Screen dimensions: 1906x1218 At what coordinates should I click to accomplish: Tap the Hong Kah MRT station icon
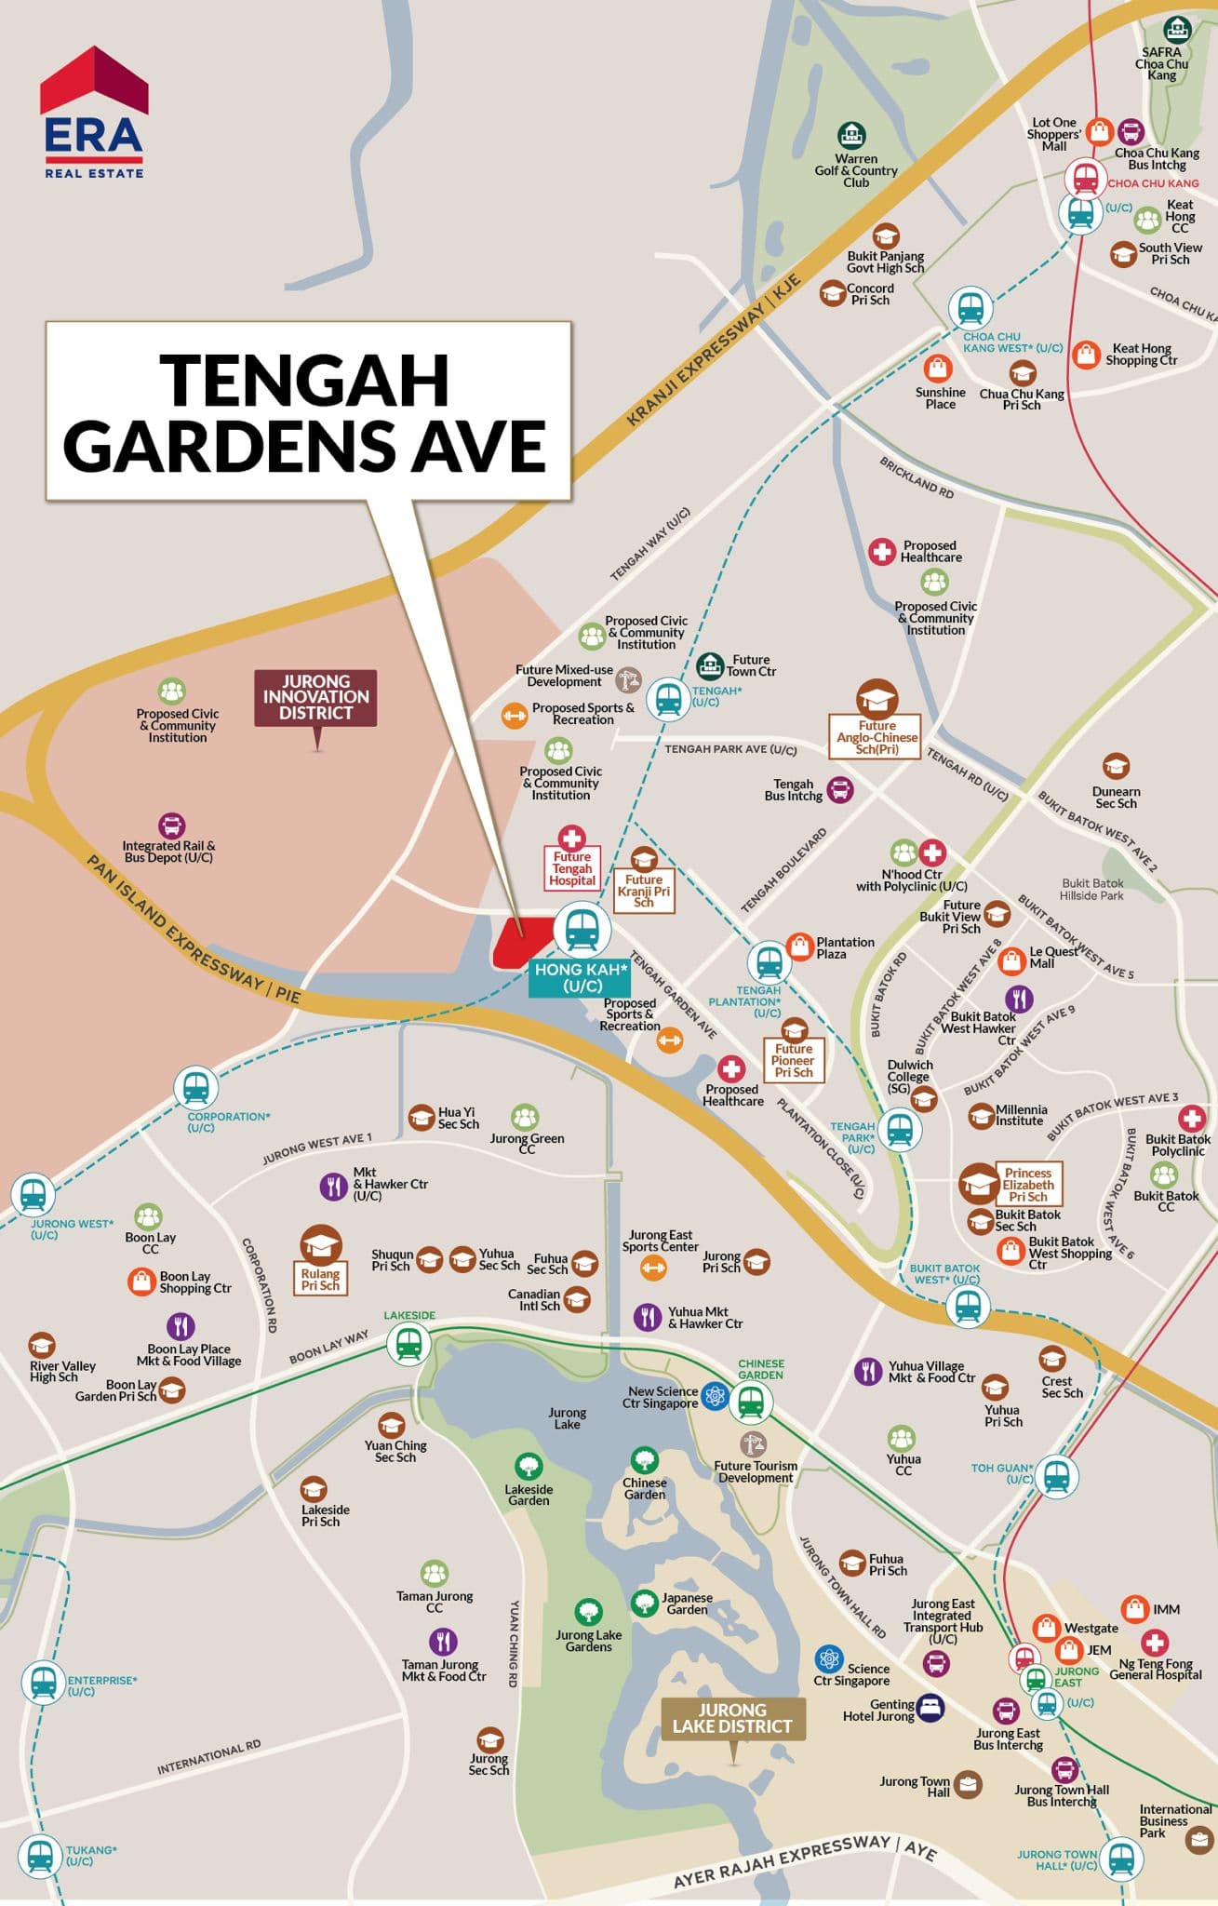(582, 929)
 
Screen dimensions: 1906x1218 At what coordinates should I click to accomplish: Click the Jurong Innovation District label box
(315, 697)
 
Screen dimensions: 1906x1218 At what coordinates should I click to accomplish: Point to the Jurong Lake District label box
(732, 1718)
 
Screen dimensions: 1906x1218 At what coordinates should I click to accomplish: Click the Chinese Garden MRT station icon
(750, 1402)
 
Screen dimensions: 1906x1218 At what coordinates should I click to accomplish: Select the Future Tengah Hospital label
(571, 868)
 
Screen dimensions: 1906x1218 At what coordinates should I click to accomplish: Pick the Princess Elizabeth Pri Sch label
(1027, 1185)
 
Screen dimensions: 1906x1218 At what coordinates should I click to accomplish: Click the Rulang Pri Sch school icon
(321, 1243)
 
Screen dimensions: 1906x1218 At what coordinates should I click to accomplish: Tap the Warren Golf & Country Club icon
(851, 136)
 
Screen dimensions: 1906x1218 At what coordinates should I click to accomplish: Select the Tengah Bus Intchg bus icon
(840, 790)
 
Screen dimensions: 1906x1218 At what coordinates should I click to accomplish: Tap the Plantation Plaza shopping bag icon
(800, 946)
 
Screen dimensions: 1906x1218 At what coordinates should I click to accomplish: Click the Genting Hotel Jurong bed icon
(930, 1706)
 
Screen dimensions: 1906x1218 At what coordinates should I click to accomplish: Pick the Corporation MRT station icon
(195, 1087)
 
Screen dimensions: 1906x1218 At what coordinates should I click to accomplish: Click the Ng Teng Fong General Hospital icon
(1155, 1642)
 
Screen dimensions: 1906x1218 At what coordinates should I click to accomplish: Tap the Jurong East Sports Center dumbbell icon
(654, 1267)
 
